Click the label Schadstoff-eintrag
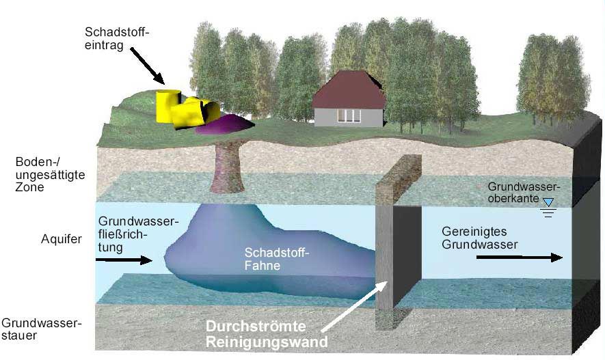tap(117, 38)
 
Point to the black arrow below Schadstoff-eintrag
tap(148, 66)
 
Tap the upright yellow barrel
tap(168, 106)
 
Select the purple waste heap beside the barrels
tap(224, 124)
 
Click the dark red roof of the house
tap(349, 89)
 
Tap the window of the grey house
tap(349, 115)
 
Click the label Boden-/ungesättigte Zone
tap(50, 174)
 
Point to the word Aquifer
tap(62, 239)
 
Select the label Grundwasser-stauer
tap(41, 329)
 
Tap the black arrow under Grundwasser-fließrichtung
tap(124, 260)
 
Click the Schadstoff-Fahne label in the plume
tap(277, 259)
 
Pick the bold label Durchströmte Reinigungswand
tap(267, 334)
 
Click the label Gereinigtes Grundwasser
tap(480, 238)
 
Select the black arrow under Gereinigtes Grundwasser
tap(520, 257)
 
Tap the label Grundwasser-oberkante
tap(524, 193)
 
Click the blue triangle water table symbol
tap(548, 202)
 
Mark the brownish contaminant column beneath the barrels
tap(228, 167)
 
